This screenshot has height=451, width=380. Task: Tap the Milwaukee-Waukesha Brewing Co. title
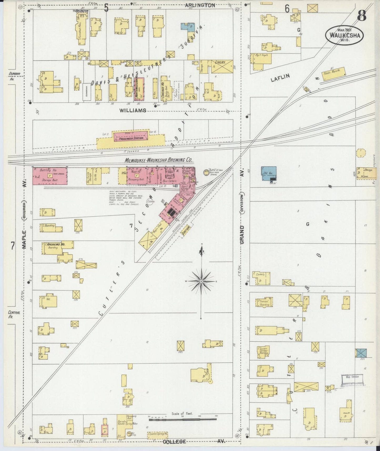(159, 160)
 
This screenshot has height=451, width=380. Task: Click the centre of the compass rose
(201, 281)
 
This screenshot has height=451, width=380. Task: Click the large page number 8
(362, 16)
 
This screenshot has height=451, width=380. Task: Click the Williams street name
(133, 111)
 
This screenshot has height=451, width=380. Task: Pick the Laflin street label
(280, 77)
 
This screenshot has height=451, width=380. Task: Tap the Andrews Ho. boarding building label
(56, 244)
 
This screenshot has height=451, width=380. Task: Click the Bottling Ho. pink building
(50, 176)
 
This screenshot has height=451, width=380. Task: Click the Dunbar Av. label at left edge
(10, 76)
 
